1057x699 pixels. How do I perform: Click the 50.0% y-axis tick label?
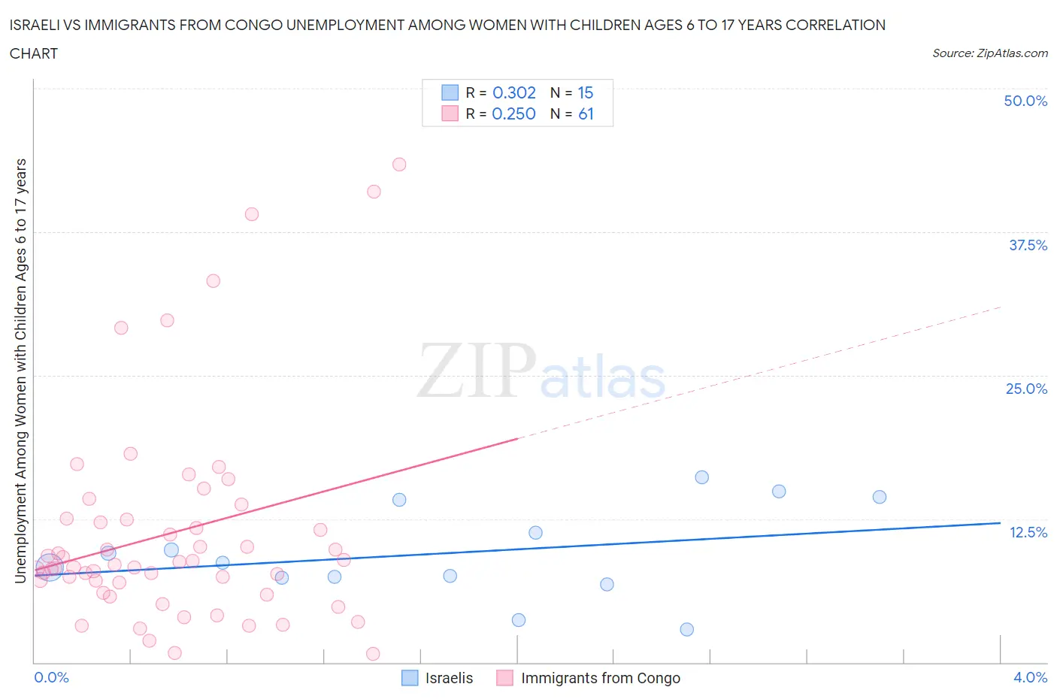pos(1025,101)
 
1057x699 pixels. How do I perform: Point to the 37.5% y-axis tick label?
pos(1028,245)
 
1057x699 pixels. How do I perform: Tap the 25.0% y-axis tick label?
pos(1026,389)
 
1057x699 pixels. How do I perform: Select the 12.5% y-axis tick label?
pos(1028,532)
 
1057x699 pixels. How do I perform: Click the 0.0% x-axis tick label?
pos(51,677)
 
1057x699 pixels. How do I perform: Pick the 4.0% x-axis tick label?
pos(1030,677)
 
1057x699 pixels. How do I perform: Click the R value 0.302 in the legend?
pos(514,92)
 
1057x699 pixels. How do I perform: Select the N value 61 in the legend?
pos(586,113)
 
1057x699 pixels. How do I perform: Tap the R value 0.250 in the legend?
pos(513,113)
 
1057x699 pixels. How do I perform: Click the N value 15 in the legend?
pos(585,92)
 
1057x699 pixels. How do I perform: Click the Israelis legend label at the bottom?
pos(449,678)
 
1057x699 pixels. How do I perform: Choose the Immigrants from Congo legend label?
pos(600,678)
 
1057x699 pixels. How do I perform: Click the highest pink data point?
pos(399,165)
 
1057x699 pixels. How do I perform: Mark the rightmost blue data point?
pos(880,497)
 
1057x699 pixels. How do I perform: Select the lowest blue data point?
pos(686,629)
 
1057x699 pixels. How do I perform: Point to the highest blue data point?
pos(701,477)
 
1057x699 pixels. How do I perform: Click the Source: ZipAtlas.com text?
pos(989,53)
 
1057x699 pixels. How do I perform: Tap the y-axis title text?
pos(20,371)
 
